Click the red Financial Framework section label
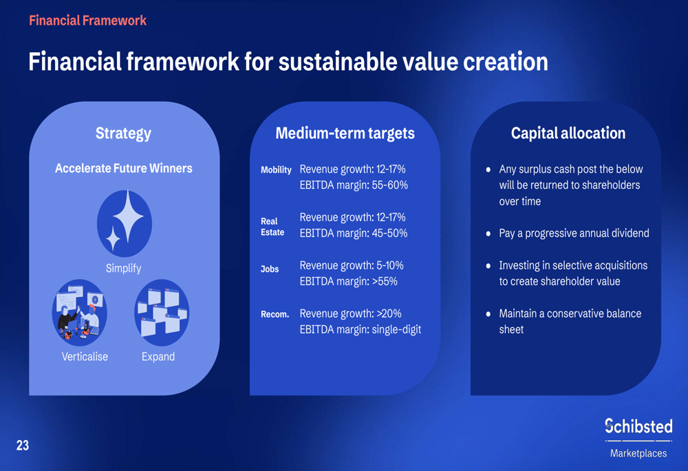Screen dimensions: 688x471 pos(88,21)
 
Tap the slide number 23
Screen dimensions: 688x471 pos(23,446)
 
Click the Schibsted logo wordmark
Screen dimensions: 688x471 pos(638,426)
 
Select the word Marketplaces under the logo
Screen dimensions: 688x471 pos(638,453)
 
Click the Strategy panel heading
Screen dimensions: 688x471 pos(123,133)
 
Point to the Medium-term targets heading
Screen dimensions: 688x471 pos(345,133)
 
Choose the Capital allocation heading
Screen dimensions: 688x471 pos(568,133)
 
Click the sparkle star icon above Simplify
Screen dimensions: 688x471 pos(125,223)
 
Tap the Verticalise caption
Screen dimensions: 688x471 pos(85,357)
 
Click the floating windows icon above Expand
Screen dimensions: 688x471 pos(162,313)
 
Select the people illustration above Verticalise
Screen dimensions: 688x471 pos(79,313)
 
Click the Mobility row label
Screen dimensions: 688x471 pos(276,170)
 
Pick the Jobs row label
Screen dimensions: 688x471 pos(270,269)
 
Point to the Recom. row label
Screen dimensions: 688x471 pos(275,314)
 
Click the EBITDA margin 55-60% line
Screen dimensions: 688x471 pos(354,185)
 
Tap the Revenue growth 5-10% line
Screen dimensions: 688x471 pos(352,265)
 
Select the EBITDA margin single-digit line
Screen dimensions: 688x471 pos(361,329)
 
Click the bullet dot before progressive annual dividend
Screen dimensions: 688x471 pos(488,234)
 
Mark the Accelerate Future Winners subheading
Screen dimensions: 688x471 pos(124,168)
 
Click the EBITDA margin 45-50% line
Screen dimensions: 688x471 pos(354,233)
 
